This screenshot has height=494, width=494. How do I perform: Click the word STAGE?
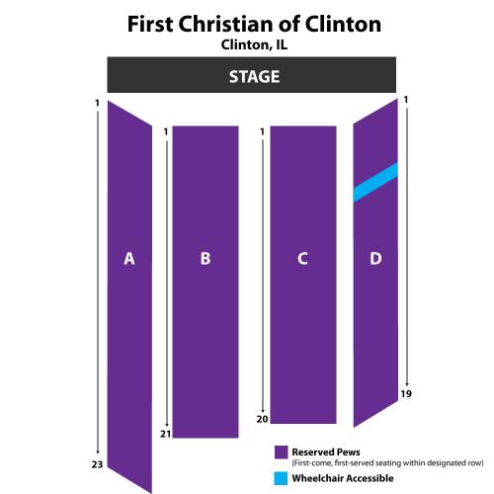(254, 77)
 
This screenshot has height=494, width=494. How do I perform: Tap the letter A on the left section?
(129, 259)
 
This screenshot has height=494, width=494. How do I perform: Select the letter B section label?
(206, 259)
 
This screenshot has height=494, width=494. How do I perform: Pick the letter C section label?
(302, 259)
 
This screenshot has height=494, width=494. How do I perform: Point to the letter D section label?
(375, 259)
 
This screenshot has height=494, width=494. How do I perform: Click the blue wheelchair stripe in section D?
(375, 182)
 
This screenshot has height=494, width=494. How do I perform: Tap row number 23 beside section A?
(97, 464)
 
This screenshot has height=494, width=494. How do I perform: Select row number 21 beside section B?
(166, 434)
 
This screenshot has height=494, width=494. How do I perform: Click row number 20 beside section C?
(263, 419)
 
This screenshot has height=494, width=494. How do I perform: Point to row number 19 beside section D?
(406, 393)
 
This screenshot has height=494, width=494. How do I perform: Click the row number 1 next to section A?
(97, 103)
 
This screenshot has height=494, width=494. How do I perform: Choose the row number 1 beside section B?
(166, 131)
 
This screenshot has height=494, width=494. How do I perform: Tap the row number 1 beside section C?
(262, 131)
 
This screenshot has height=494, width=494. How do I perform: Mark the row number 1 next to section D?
(406, 99)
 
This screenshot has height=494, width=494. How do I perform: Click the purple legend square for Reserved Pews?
(281, 453)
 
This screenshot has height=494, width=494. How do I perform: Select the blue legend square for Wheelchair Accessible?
(281, 478)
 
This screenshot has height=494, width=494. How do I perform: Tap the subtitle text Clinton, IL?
(254, 44)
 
